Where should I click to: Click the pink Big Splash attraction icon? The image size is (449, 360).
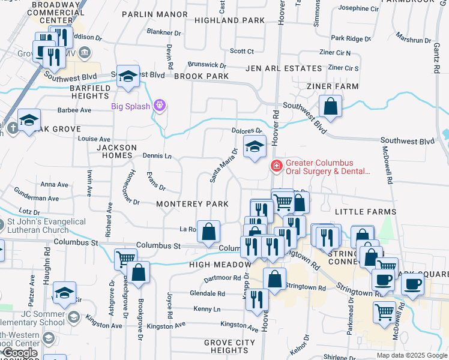point(159,106)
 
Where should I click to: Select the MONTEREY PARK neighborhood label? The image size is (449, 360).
point(192,204)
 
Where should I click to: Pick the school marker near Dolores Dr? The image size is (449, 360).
point(255,146)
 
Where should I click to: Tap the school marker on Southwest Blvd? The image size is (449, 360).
point(128,76)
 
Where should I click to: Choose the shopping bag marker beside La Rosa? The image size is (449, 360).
point(208,232)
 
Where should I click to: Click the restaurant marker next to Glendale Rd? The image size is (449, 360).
point(258,300)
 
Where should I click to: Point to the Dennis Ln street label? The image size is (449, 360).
point(157,156)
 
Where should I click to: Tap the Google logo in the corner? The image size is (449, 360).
point(20,353)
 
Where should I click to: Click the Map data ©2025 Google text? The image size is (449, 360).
point(411,355)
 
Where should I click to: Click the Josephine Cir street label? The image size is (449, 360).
point(359,8)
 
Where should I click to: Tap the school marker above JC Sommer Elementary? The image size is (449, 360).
point(64,293)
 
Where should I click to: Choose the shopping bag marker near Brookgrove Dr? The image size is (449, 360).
point(139,272)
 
